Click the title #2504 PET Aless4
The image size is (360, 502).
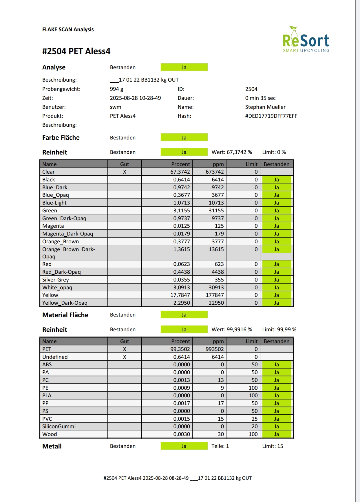click(x=76, y=51)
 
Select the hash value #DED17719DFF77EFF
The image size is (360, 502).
click(x=271, y=116)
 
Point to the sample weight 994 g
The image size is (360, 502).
click(x=116, y=89)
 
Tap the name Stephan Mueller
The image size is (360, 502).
click(x=265, y=107)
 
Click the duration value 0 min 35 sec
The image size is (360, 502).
click(x=260, y=98)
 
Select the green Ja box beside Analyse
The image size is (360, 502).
click(x=184, y=67)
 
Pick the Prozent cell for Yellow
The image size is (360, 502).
click(x=180, y=295)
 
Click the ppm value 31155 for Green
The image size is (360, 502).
click(x=216, y=211)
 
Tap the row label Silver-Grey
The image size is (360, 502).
click(x=56, y=280)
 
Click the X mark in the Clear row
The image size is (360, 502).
click(x=125, y=172)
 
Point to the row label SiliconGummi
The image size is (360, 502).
click(x=59, y=426)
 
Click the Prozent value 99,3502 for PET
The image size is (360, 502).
click(x=180, y=349)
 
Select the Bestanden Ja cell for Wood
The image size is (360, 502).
click(x=277, y=434)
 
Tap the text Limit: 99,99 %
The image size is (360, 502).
click(x=279, y=330)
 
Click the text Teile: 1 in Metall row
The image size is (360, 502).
click(x=220, y=446)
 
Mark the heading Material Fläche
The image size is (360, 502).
click(x=65, y=315)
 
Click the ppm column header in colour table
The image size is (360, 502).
click(x=218, y=164)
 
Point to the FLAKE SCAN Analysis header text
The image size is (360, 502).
click(x=68, y=30)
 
